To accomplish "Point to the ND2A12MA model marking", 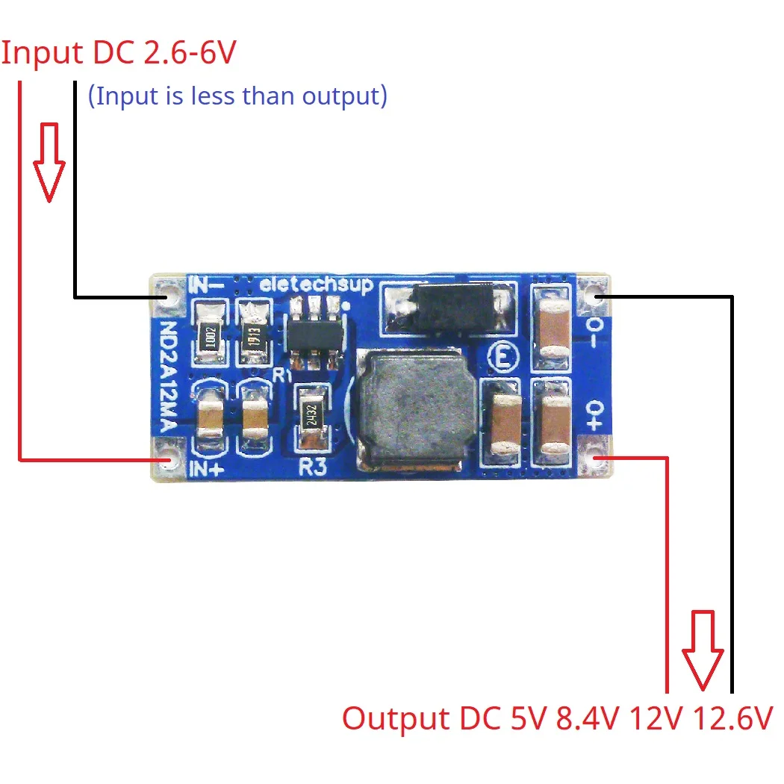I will pos(169,378).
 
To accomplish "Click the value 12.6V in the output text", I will pos(732,720).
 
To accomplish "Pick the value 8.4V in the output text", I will pos(587,720).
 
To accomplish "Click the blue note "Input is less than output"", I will pos(237,96).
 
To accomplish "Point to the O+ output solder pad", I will pos(596,458).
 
